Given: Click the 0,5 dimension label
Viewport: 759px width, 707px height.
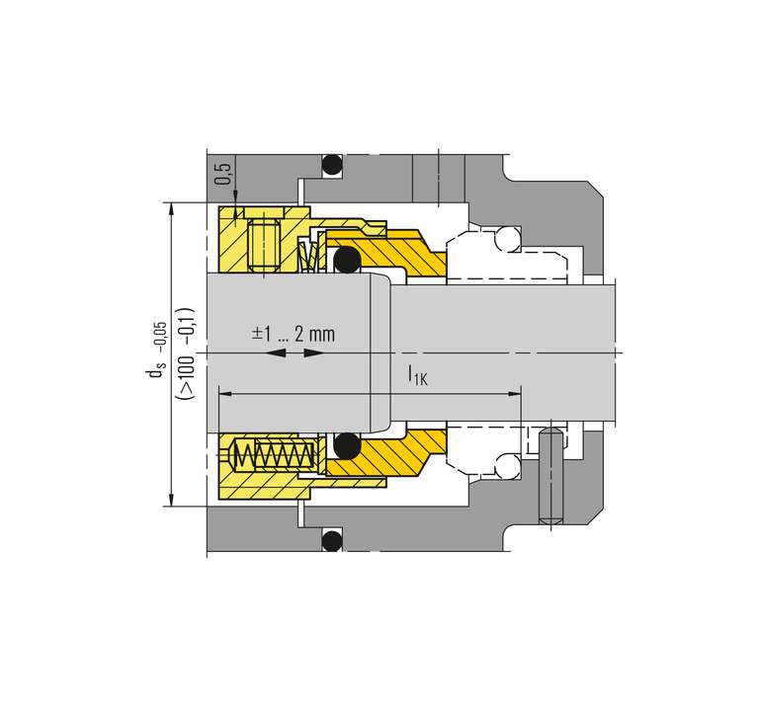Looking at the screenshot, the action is point(223,174).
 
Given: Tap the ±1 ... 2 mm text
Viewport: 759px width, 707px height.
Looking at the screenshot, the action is point(294,334).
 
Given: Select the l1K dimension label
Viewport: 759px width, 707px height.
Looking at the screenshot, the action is point(418,375).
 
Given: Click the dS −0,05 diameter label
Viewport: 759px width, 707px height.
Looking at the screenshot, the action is point(156,350).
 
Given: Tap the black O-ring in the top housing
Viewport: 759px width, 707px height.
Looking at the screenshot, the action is point(332,165).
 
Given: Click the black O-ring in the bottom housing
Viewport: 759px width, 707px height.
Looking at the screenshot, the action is point(332,540).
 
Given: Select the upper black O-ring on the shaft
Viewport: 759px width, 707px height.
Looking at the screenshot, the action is point(348,260).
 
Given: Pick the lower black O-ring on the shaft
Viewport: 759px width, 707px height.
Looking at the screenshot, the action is point(348,445).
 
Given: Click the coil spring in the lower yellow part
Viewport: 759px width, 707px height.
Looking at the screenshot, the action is point(274,455).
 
